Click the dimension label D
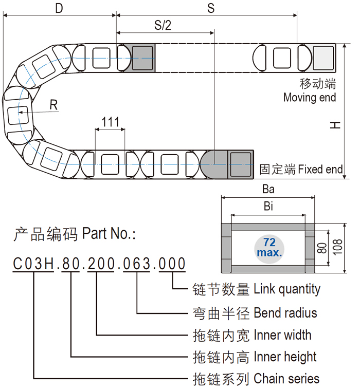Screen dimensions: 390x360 tap(60, 9)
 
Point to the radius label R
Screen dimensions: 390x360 tap(53, 105)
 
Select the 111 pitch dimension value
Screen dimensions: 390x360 tap(111, 122)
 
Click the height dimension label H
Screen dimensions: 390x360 tap(335, 125)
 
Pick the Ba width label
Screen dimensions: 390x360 tap(268, 189)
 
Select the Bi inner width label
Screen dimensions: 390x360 tap(268, 207)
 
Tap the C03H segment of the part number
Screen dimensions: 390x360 tap(33, 265)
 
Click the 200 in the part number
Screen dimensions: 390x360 tap(102, 265)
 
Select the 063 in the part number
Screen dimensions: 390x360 tap(136, 265)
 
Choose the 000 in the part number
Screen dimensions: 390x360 tap(171, 265)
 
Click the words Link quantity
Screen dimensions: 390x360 tap(287, 289)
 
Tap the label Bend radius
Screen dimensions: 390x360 tap(285, 312)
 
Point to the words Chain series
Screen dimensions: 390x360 tap(286, 379)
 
